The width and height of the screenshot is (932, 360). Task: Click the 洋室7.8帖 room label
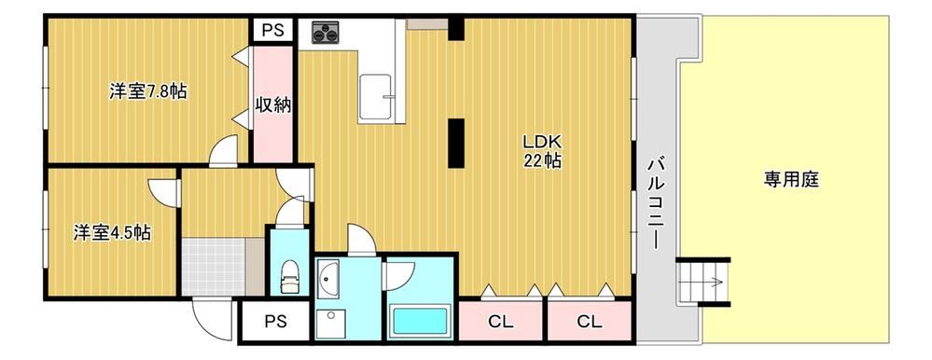(148, 91)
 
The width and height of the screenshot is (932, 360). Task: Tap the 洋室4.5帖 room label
(112, 232)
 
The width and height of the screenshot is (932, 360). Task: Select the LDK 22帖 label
(541, 151)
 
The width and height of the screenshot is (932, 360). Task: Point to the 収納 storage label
(272, 105)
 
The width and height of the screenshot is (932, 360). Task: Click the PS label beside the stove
(273, 29)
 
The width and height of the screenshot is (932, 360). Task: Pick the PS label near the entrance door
(275, 322)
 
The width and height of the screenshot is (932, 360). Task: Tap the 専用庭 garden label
(791, 179)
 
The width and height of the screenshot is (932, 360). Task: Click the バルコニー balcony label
(656, 202)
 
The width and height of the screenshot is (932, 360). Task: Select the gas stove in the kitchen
(326, 32)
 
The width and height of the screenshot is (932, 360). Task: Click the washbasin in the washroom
(327, 278)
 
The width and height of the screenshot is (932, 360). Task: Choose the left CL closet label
(500, 322)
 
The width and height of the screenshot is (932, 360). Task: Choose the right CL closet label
(589, 322)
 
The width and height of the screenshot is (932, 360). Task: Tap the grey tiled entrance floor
(214, 266)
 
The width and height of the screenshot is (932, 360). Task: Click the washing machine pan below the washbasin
(330, 324)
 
